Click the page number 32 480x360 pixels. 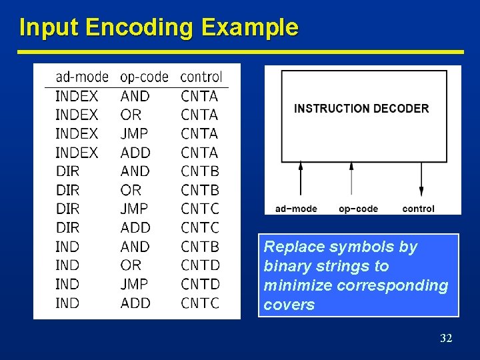446,339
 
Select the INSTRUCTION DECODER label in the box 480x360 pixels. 361,109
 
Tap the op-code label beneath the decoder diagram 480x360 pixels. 358,209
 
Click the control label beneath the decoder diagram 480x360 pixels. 418,209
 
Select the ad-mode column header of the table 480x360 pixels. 81,77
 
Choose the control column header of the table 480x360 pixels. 201,77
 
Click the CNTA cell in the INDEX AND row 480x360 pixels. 199,96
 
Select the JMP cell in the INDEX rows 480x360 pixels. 134,133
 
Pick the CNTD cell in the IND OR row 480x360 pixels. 200,265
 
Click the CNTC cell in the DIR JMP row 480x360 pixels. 199,209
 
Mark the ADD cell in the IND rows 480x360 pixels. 135,303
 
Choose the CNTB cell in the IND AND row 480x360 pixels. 199,247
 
